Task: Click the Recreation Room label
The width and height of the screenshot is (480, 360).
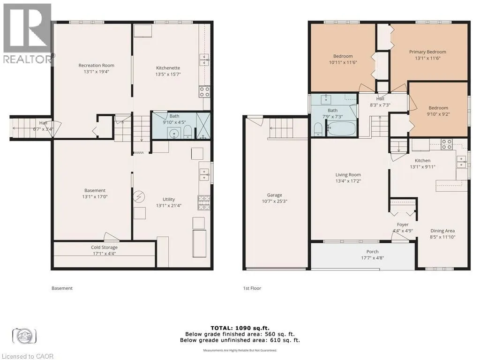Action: pos(96,65)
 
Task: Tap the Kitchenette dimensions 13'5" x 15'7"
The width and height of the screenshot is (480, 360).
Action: pos(168,74)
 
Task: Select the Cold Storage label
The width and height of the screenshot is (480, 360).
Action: pos(104,247)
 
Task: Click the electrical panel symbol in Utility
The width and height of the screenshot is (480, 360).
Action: pos(139,196)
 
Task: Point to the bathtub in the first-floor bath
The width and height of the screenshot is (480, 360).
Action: pos(341,128)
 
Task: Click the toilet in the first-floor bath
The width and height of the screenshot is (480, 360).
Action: pos(318,129)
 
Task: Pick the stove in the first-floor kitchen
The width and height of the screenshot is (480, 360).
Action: pos(447,144)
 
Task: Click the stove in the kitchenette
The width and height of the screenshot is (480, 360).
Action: pos(204,92)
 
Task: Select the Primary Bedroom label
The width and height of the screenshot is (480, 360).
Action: pos(427,52)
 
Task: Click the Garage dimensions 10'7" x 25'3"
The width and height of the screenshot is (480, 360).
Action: pos(274,201)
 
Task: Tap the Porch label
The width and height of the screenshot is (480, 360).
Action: pos(372,252)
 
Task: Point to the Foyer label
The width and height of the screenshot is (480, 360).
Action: pos(403,225)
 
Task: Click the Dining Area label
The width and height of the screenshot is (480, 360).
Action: pos(442,231)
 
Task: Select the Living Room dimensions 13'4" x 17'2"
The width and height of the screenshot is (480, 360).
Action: pos(348,181)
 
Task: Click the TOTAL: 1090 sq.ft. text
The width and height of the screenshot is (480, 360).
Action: pos(240,328)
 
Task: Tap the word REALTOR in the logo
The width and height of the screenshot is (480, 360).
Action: pos(28,60)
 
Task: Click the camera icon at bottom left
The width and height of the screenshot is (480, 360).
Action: pos(24,336)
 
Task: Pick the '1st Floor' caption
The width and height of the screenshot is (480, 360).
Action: pos(252,288)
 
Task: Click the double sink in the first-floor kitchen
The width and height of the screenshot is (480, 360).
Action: pos(461,162)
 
